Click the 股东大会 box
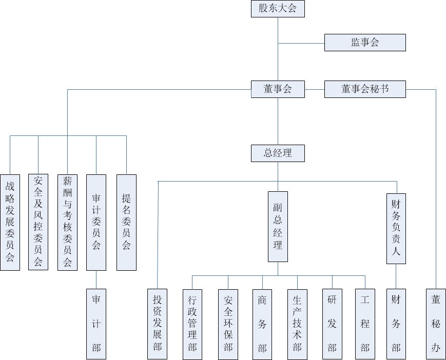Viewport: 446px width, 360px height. coord(278,9)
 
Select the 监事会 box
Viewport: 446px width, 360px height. coord(365,43)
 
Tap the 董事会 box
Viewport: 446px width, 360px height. coord(278,89)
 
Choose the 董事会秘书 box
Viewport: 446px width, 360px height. coord(365,89)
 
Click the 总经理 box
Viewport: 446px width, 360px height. coord(278,153)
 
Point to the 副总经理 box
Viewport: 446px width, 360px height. coord(278,226)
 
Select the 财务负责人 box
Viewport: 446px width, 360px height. coord(396,228)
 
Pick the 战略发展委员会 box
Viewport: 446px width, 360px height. coord(10,222)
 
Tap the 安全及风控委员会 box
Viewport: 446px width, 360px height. coord(38,222)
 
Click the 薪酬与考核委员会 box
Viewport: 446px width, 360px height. coord(67,222)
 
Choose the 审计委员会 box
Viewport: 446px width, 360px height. coord(96,222)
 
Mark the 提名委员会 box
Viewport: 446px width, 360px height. coord(126,222)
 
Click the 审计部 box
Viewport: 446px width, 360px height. coord(96,324)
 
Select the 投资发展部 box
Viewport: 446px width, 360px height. coord(158,324)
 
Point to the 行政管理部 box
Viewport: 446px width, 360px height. coord(192,324)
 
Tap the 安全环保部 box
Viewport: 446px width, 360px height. coord(228,324)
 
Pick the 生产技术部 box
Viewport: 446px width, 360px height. coord(297,324)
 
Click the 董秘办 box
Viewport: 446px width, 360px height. coord(436,324)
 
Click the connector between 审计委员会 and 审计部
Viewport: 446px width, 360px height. coord(96,279)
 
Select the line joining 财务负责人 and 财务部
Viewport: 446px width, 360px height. coord(396,276)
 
